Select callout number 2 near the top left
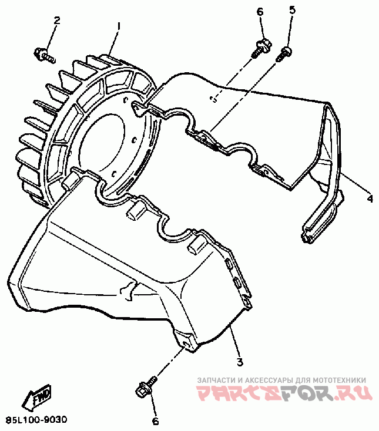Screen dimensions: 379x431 click(57, 21)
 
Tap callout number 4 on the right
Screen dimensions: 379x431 click(370, 199)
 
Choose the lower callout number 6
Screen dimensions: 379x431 click(156, 420)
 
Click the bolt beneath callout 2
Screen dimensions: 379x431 click(45, 56)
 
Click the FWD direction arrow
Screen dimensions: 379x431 click(36, 398)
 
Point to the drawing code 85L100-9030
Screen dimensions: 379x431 click(36, 420)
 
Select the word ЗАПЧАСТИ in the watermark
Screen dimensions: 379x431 click(217, 380)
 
